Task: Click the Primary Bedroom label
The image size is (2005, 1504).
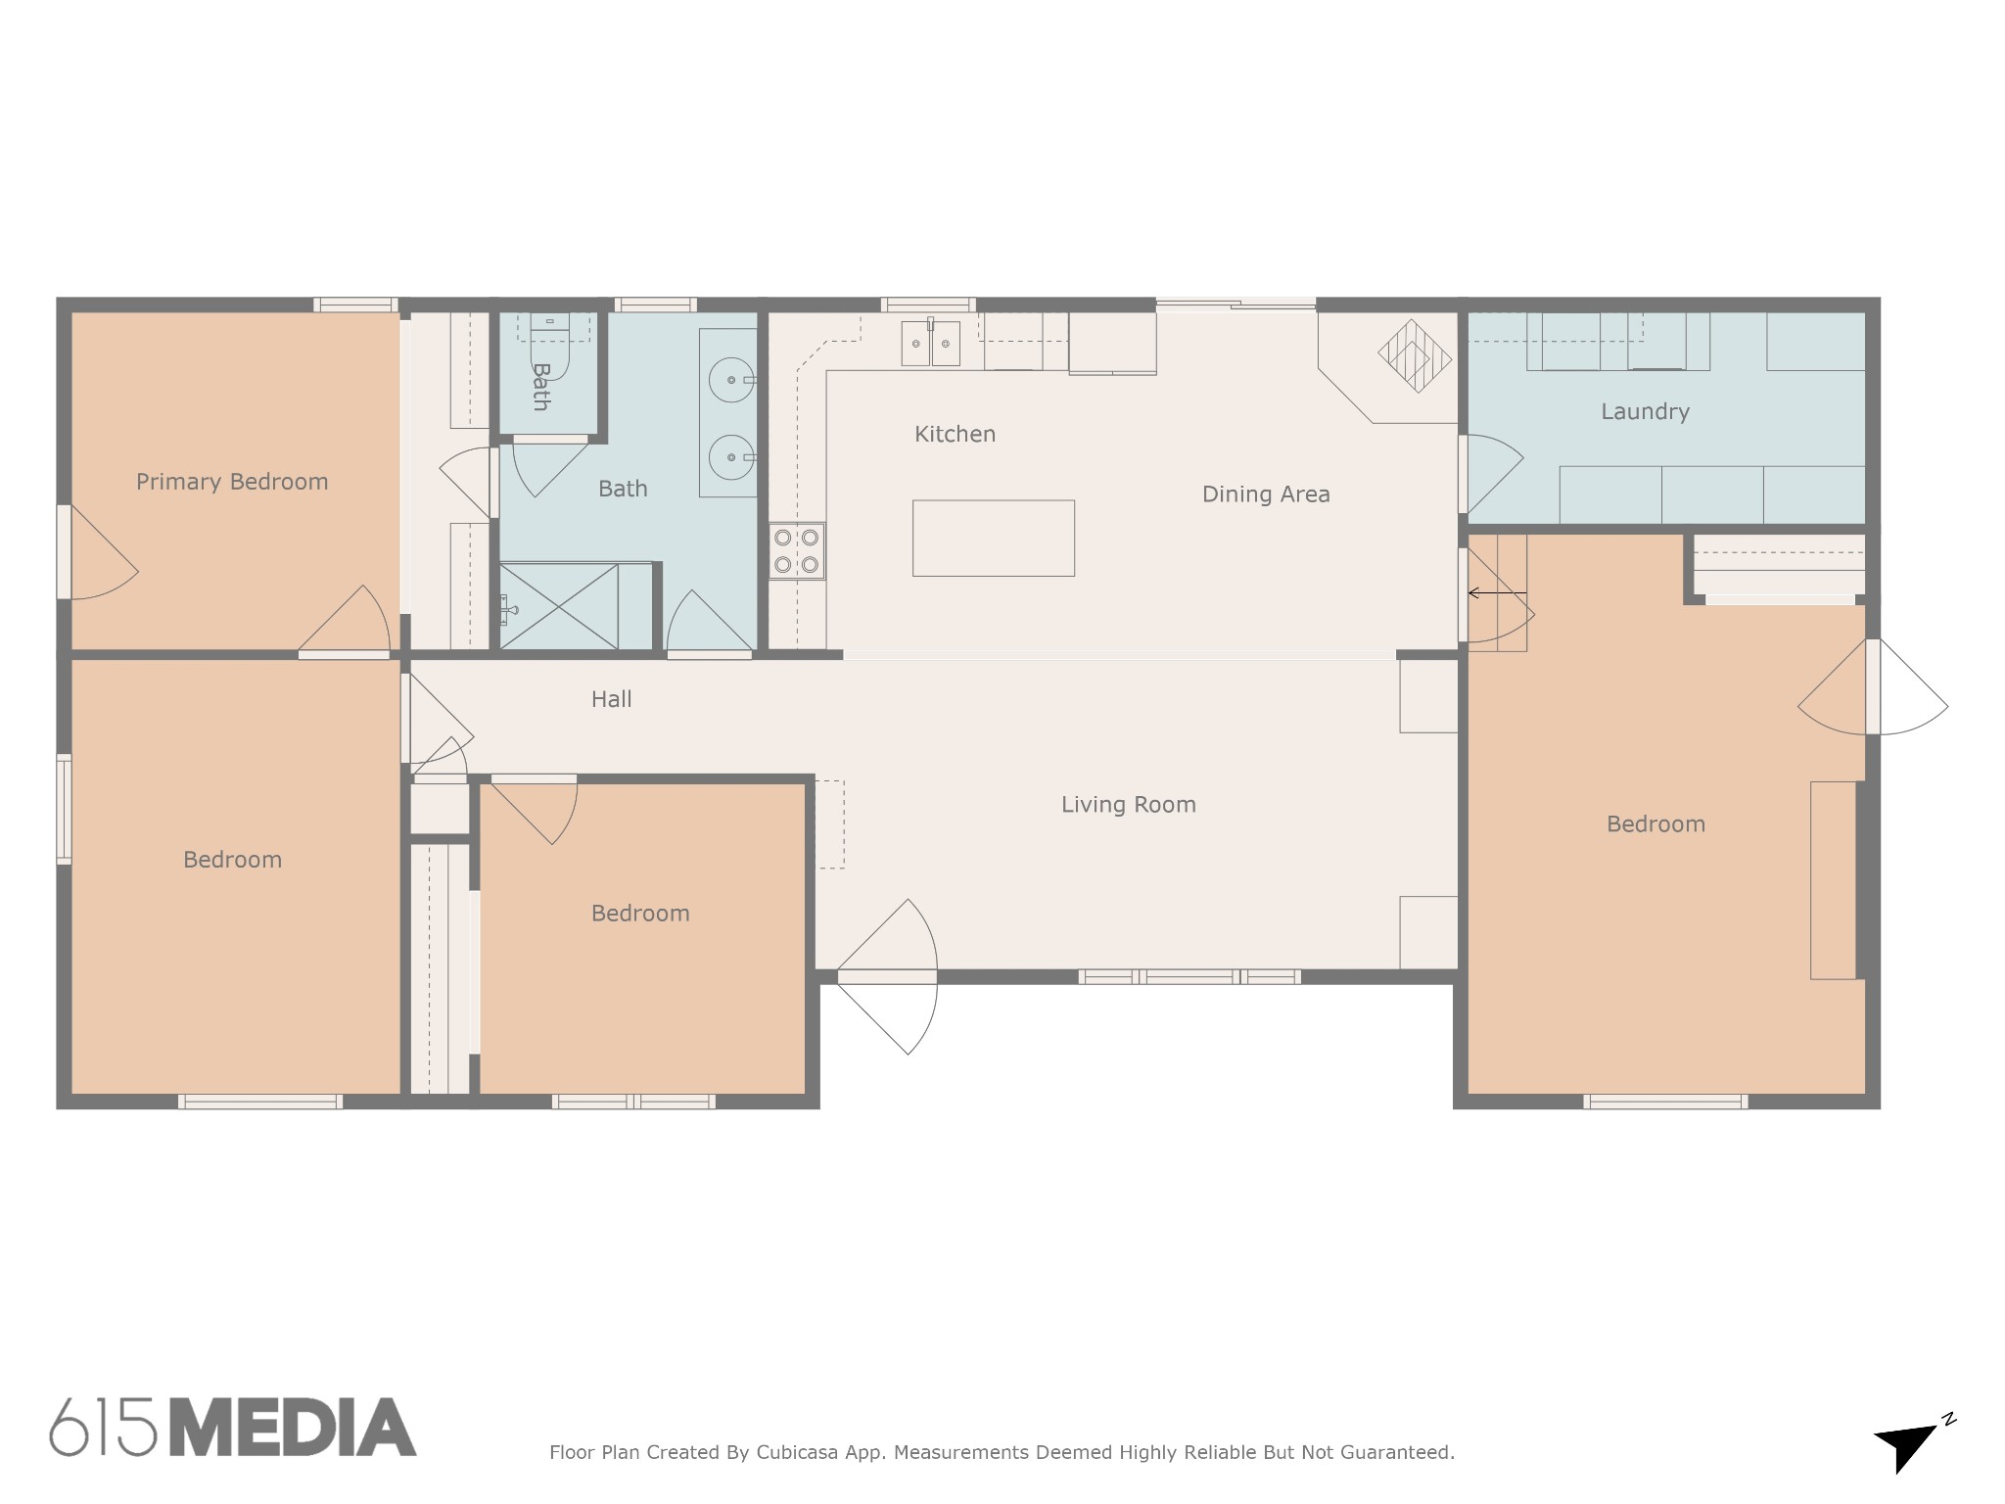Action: click(x=232, y=482)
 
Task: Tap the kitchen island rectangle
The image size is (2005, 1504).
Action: click(x=994, y=538)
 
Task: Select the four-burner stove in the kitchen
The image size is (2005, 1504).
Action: click(x=796, y=550)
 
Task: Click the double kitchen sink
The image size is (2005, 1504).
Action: click(x=930, y=343)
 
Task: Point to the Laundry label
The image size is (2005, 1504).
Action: click(x=1645, y=411)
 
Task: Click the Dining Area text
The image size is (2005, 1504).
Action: click(x=1266, y=494)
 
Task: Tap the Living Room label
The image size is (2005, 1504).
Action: click(x=1129, y=805)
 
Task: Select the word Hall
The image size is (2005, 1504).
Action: click(x=611, y=699)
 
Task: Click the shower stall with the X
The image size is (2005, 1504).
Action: click(x=559, y=606)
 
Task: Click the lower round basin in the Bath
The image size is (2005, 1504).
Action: click(x=731, y=457)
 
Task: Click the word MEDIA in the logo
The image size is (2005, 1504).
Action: click(x=293, y=1428)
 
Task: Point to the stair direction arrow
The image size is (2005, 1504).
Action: click(x=1497, y=593)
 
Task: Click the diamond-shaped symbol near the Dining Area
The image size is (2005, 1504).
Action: click(x=1415, y=356)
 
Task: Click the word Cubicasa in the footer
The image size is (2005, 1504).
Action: click(x=797, y=1452)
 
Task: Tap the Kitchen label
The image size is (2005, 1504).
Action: click(x=955, y=434)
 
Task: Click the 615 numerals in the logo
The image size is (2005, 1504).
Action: click(x=103, y=1428)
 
